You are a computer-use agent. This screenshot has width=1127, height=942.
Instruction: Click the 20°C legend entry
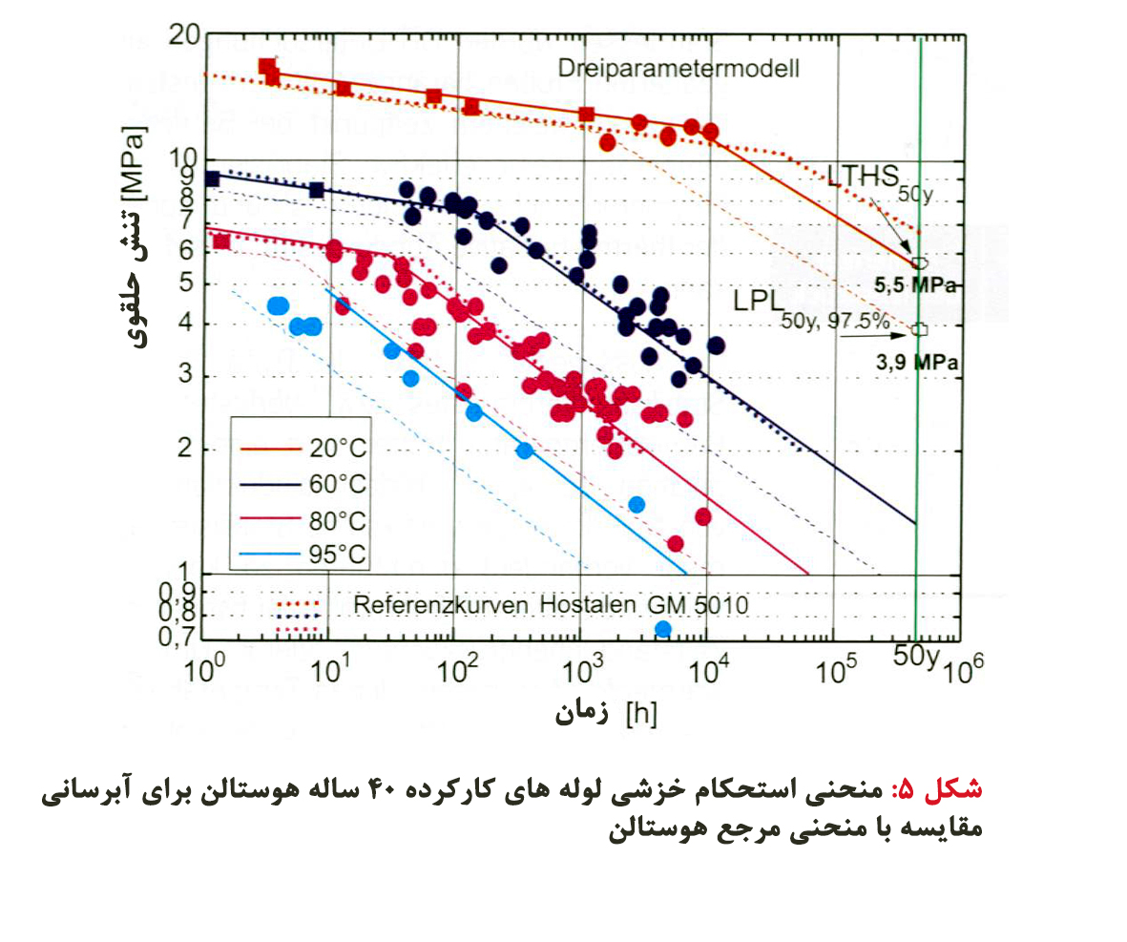[x=336, y=448]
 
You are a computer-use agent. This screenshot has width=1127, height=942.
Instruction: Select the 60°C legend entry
[x=336, y=485]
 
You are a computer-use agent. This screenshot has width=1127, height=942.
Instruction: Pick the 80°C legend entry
[x=336, y=521]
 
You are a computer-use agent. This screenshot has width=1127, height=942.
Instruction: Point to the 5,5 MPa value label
[x=916, y=285]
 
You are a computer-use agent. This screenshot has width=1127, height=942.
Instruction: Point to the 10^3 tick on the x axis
[x=581, y=672]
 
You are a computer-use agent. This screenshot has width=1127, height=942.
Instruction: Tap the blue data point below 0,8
[x=663, y=629]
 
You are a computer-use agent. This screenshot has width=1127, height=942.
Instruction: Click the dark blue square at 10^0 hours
[x=213, y=178]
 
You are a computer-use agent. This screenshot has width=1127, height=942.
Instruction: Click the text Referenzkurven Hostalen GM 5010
[x=551, y=604]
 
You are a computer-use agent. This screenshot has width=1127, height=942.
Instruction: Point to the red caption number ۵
[x=905, y=790]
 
